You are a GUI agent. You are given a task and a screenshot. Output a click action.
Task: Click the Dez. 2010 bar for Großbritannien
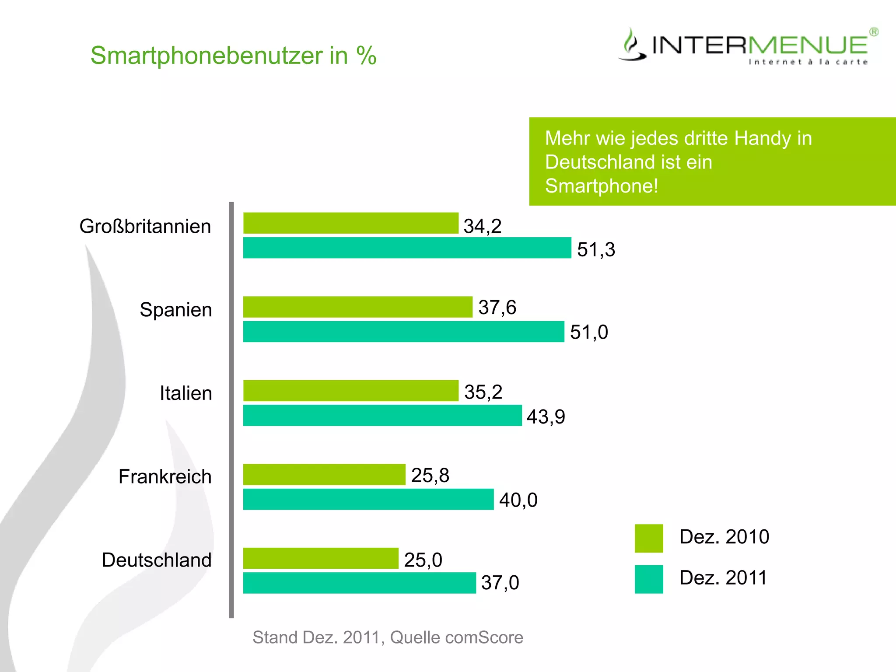click(x=350, y=223)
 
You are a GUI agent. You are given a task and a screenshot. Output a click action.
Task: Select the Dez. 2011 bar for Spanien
click(x=403, y=332)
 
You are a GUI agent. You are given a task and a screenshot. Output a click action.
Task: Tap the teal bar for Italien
click(x=382, y=415)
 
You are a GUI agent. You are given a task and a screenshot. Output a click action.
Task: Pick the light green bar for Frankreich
click(x=324, y=475)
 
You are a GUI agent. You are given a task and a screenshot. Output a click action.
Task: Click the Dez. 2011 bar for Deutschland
click(x=359, y=583)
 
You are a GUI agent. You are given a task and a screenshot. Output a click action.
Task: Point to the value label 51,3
click(x=596, y=250)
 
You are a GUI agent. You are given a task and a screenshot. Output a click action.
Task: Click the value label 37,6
click(x=497, y=308)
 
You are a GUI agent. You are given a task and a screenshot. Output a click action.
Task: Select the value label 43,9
click(x=546, y=416)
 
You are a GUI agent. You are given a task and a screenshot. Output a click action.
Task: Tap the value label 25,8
click(x=430, y=475)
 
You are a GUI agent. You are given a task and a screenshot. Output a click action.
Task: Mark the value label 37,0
click(x=500, y=583)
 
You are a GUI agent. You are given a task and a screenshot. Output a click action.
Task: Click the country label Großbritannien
click(x=145, y=227)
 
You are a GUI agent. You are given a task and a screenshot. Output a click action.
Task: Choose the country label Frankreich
click(x=165, y=476)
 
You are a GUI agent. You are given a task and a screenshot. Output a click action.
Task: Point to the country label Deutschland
click(x=157, y=560)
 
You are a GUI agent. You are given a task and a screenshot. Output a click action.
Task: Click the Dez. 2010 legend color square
click(x=649, y=538)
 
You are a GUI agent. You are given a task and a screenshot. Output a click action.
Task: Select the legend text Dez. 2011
click(x=723, y=578)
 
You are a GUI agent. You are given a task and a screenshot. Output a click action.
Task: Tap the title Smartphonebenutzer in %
click(x=233, y=56)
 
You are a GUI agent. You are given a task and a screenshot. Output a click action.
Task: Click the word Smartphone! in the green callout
click(x=602, y=186)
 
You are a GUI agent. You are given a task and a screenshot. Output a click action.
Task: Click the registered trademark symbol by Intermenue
click(x=874, y=32)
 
